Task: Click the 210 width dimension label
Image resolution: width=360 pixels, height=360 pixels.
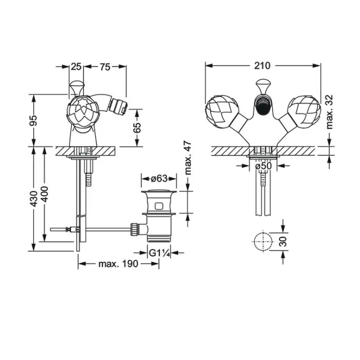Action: click(x=262, y=66)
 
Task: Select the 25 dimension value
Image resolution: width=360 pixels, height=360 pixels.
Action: click(x=76, y=67)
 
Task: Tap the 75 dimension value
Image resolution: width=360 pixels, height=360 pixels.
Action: click(x=105, y=67)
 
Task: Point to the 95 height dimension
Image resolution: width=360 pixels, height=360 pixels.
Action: click(x=34, y=120)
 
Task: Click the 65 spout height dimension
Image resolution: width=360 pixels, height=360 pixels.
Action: click(x=137, y=127)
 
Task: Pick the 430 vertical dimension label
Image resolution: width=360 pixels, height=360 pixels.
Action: click(x=34, y=199)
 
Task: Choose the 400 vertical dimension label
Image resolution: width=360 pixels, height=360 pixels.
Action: click(x=44, y=194)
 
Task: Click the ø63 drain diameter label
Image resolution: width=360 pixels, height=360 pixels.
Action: click(x=159, y=178)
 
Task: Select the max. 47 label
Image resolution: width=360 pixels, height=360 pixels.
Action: click(x=188, y=158)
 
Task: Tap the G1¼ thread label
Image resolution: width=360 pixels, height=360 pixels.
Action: click(x=159, y=253)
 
